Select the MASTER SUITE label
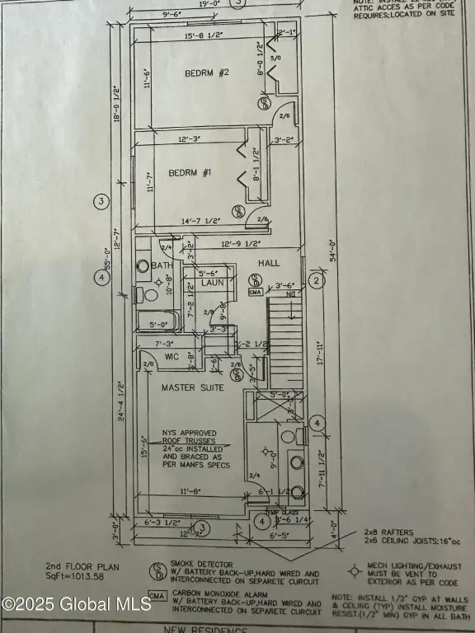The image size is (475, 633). tap(192, 387)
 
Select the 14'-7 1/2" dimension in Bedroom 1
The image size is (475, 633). tap(200, 221)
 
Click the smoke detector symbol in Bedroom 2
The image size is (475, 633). tap(266, 103)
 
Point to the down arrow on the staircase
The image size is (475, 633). tap(289, 293)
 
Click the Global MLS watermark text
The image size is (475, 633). tap(76, 603)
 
